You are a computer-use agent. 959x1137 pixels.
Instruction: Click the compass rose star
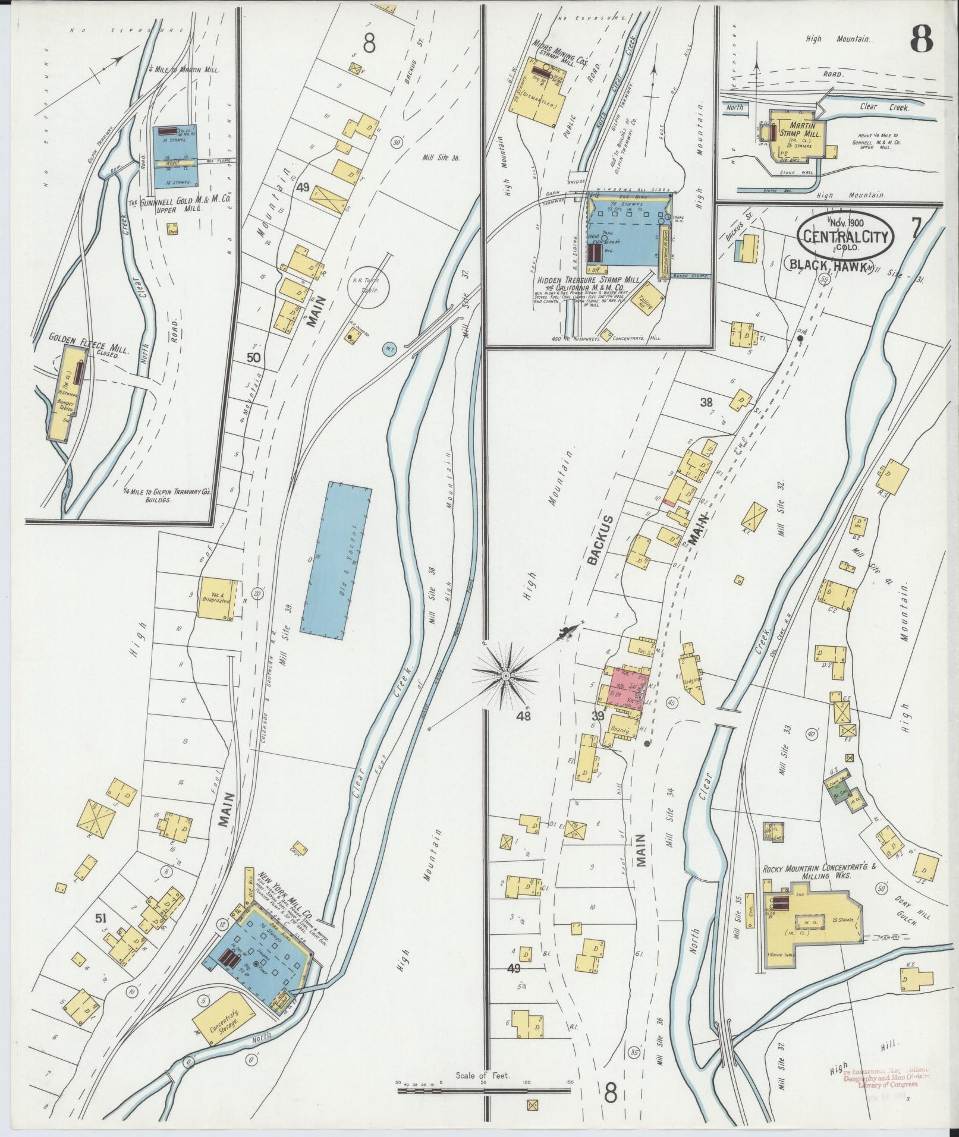[505, 676]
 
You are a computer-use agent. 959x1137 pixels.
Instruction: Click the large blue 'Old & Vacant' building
[336, 563]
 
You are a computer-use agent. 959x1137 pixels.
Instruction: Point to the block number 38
[706, 402]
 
